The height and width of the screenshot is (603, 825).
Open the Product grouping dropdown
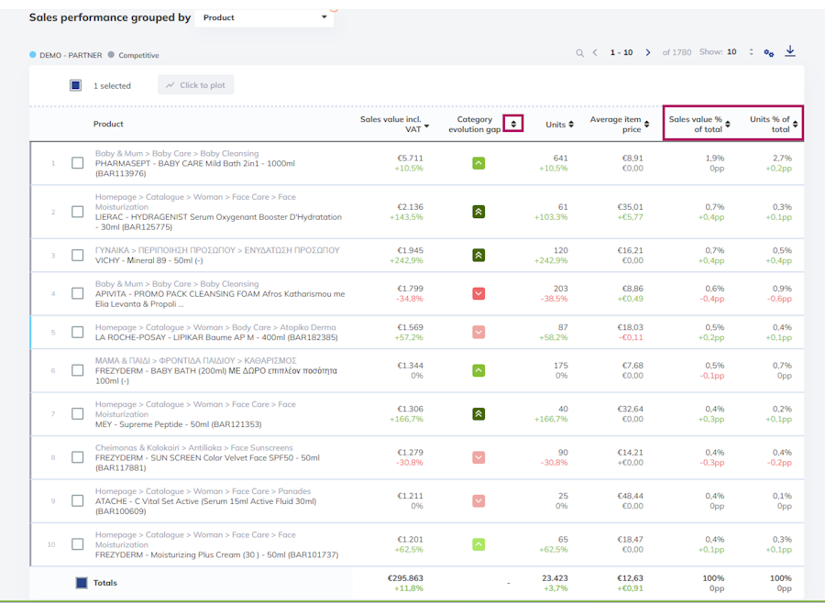(264, 17)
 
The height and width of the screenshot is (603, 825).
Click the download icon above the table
(790, 51)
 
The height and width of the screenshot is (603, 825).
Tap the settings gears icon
(769, 53)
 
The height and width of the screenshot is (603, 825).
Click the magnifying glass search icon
(580, 53)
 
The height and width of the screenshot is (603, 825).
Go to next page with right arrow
(648, 52)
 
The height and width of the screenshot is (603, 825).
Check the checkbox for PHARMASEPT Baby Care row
(77, 163)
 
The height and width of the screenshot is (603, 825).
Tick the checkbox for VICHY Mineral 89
(77, 255)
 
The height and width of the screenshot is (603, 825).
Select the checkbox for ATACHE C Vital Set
(77, 500)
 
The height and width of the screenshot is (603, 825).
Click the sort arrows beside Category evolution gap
(513, 125)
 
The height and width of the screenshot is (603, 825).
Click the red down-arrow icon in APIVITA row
(478, 293)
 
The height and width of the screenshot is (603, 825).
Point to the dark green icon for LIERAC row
(478, 212)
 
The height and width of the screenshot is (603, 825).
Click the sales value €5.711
(410, 158)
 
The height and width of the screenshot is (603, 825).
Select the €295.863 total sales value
(405, 577)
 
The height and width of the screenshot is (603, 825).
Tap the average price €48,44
(630, 496)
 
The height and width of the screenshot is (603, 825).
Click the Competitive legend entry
(133, 55)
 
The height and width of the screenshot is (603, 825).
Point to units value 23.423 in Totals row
(555, 577)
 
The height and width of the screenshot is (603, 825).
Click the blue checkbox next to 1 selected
(75, 85)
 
